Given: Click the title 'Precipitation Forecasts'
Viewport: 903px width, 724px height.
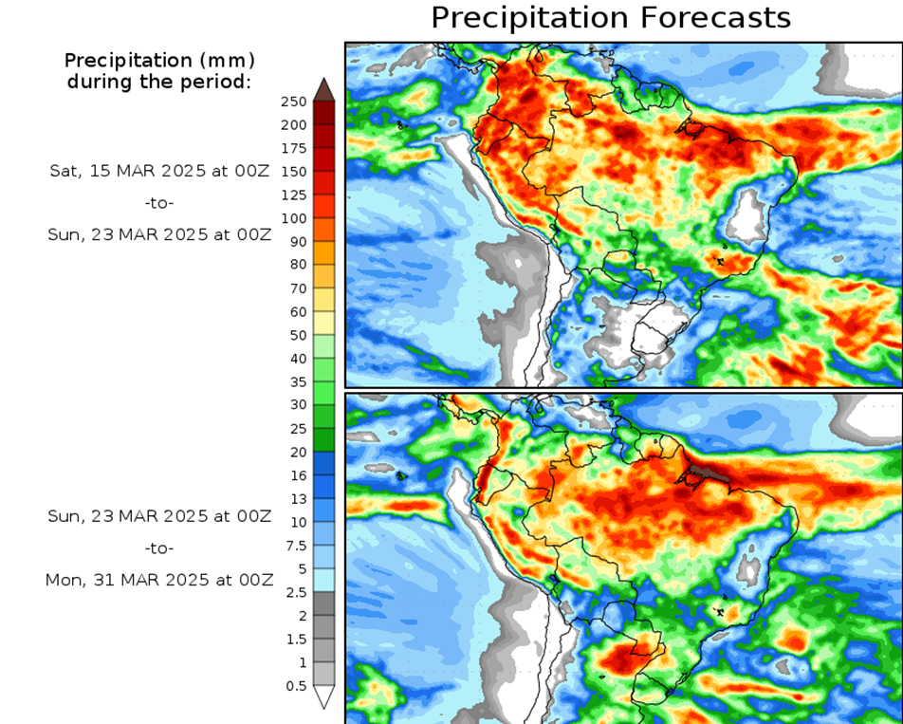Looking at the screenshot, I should pos(610,17).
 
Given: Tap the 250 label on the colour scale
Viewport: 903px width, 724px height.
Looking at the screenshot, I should pos(295,102).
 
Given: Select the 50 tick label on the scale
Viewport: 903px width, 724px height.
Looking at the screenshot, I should pos(299,335).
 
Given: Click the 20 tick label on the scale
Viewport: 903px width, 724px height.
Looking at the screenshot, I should pos(299,452).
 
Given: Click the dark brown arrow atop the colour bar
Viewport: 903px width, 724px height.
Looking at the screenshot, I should pos(323,89).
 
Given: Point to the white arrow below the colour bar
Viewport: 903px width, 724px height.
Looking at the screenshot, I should pos(323,697).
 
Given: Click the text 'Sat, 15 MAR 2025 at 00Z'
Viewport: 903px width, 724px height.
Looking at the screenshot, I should pos(160,172).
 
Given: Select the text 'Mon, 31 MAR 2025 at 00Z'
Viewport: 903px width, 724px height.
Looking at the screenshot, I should pos(158,579).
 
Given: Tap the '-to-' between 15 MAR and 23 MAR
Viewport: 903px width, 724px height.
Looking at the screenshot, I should pos(159,203).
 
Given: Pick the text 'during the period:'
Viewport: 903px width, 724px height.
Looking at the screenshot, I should pos(159,82).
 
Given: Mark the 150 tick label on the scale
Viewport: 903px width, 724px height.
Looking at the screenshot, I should pos(295,172).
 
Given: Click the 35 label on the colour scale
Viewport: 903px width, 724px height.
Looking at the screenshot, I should pos(299,381).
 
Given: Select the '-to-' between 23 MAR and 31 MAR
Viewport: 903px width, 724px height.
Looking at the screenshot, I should pos(159,548).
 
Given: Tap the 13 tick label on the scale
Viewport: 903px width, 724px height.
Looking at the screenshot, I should pos(299,499).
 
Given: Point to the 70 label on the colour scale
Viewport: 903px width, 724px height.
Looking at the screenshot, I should pos(299,288).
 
